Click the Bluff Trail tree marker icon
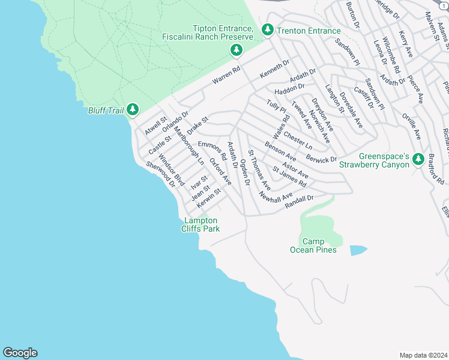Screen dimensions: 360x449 click(133, 110)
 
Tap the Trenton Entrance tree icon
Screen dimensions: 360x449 click(268, 29)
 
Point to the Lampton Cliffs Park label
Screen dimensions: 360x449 click(202, 224)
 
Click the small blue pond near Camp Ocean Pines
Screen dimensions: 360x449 click(357, 250)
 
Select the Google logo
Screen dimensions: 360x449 click(20, 353)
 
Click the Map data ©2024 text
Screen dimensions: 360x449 click(423, 355)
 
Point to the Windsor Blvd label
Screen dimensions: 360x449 click(170, 169)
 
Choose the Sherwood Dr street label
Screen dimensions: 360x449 click(160, 175)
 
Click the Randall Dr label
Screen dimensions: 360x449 click(300, 202)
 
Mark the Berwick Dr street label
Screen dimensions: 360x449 click(321, 158)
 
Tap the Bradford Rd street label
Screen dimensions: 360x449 click(435, 169)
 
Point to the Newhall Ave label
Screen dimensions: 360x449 click(276, 196)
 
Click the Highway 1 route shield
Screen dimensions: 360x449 click(444, 4)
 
